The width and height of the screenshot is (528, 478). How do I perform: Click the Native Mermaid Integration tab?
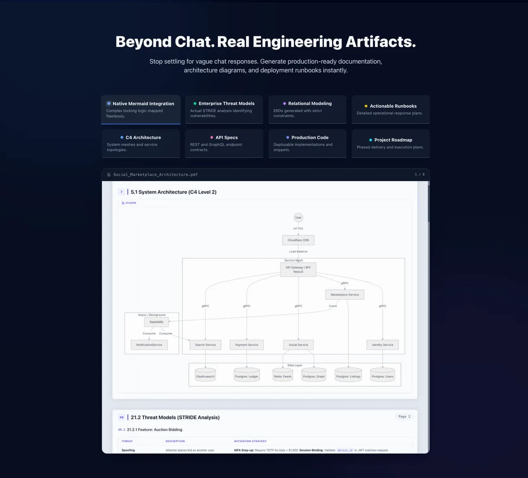click(141, 109)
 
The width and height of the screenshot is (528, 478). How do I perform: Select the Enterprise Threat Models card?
click(224, 109)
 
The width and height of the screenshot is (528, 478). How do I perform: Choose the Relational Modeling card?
click(307, 109)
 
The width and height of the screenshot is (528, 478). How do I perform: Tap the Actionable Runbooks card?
click(391, 109)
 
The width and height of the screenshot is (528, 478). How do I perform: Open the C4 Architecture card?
click(141, 143)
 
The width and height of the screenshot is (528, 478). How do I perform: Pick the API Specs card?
click(224, 143)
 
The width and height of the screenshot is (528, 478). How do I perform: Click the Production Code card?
click(307, 143)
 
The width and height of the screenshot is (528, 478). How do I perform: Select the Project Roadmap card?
click(391, 143)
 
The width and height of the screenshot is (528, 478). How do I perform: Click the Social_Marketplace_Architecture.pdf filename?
click(156, 174)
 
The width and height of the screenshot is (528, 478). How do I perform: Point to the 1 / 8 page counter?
click(420, 174)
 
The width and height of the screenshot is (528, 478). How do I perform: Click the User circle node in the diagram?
click(298, 217)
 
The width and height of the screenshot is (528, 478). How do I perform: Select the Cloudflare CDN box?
click(298, 240)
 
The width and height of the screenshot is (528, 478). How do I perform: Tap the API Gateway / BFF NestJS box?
click(298, 270)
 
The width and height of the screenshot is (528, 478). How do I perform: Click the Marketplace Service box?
click(345, 294)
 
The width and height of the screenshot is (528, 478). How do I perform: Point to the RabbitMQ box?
click(156, 322)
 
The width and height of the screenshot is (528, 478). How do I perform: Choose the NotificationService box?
click(149, 345)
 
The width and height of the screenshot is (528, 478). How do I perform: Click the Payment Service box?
click(247, 345)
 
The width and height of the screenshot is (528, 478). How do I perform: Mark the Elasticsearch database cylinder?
click(205, 376)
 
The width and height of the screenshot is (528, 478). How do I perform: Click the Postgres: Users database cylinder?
click(382, 376)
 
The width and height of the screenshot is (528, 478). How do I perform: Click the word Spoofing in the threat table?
click(128, 450)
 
